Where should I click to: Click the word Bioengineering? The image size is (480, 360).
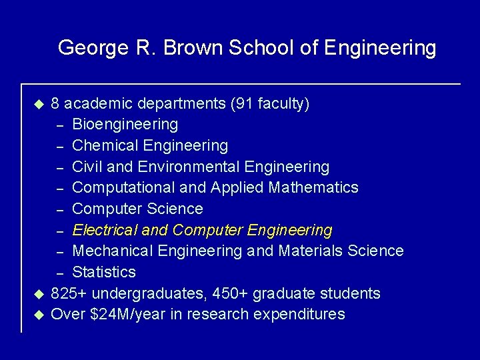tap(125, 124)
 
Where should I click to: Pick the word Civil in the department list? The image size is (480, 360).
tap(87, 166)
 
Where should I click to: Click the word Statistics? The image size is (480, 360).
tap(104, 272)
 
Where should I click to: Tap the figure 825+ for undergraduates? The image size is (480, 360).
tap(69, 293)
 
